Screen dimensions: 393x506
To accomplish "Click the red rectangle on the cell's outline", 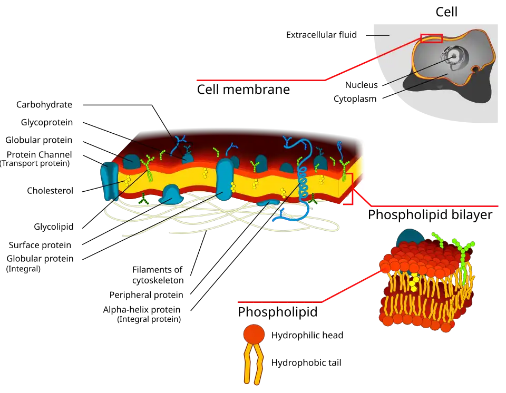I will pyautogui.click(x=431, y=38).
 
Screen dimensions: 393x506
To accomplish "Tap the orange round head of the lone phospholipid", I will pyautogui.click(x=254, y=334).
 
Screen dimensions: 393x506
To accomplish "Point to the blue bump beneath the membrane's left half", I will pyautogui.click(x=172, y=193).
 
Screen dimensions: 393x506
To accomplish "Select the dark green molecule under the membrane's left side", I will pyautogui.click(x=143, y=199).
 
